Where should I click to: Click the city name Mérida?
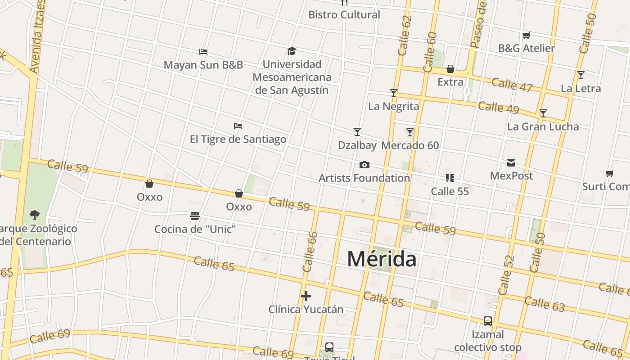(x=382, y=259)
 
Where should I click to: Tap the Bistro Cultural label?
(x=344, y=15)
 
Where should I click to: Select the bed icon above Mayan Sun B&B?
(x=203, y=52)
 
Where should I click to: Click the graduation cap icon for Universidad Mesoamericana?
(x=292, y=51)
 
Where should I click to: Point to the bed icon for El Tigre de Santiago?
(x=238, y=126)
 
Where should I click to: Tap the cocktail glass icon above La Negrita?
(x=394, y=93)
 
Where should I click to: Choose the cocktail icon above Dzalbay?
(x=357, y=132)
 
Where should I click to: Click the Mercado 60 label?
(x=410, y=145)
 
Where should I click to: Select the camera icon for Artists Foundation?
(x=364, y=165)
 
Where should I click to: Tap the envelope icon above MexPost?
(x=511, y=163)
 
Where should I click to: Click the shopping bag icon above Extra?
(x=450, y=69)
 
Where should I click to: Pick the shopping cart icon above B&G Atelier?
(x=526, y=35)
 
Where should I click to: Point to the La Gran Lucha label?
(x=543, y=126)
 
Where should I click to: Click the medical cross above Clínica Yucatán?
(x=306, y=296)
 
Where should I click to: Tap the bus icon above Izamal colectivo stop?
(x=488, y=321)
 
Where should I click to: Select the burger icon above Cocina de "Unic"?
(x=195, y=216)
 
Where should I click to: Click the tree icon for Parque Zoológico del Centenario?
(x=34, y=215)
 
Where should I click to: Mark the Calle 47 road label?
(x=512, y=84)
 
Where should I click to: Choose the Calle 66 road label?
(x=310, y=252)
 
